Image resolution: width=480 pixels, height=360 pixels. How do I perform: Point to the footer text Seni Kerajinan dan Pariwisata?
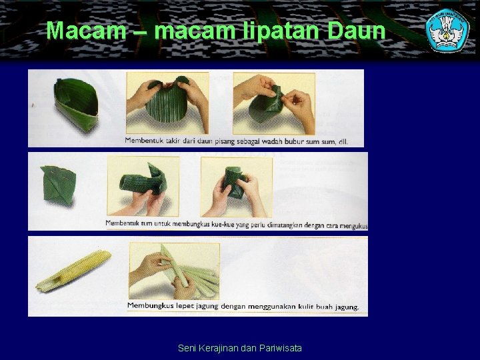[240, 347]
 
